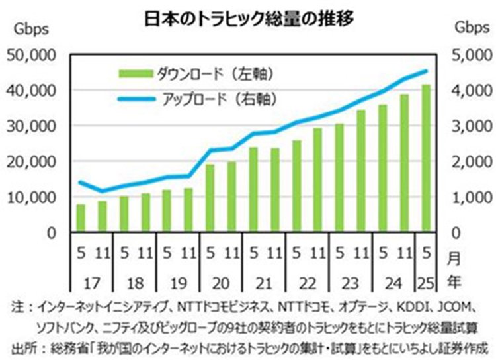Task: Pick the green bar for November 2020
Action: pyautogui.click(x=232, y=197)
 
